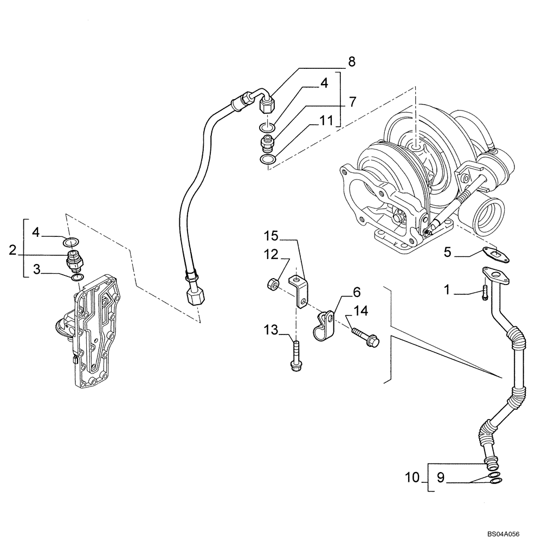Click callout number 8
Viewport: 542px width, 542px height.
[x=352, y=62]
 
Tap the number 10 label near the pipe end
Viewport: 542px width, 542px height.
[x=412, y=478]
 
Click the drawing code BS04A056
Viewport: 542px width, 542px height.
[x=509, y=533]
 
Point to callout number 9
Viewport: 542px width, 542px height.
[x=441, y=478]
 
